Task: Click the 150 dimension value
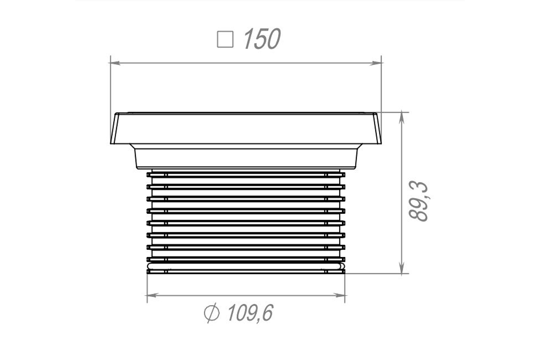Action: point(262,39)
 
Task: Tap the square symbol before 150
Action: point(225,39)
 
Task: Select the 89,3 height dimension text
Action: point(418,201)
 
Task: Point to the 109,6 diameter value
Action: point(251,313)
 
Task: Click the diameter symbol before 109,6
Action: point(211,313)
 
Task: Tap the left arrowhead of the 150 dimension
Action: point(115,63)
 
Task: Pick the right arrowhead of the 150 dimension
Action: point(376,63)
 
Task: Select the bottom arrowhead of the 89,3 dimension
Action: point(401,268)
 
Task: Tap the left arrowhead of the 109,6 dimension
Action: point(153,295)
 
